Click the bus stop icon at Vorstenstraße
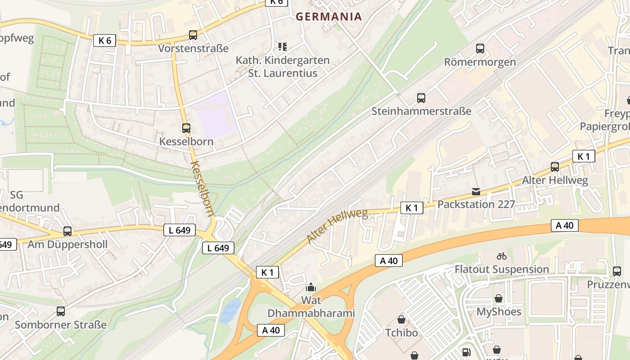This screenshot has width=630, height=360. [x=193, y=35]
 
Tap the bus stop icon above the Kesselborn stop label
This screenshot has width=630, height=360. [x=186, y=128]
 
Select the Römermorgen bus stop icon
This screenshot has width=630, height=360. [x=480, y=49]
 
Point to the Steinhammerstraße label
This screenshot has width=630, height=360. [x=421, y=111]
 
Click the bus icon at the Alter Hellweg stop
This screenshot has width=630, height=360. [x=555, y=167]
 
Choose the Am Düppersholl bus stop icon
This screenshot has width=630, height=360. [x=67, y=231]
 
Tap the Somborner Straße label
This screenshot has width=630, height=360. [x=61, y=324]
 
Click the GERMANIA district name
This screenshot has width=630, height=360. [x=328, y=17]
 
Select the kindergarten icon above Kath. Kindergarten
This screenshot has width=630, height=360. [x=283, y=47]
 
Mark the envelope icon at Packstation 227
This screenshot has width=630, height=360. [x=476, y=192]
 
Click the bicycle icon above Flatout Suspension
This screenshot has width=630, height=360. [x=502, y=256]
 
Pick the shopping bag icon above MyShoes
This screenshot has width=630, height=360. [x=499, y=298]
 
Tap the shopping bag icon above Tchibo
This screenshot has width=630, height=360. [x=401, y=319]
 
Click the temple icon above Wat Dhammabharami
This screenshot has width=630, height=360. [x=311, y=287]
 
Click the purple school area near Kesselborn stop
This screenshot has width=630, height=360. [x=217, y=114]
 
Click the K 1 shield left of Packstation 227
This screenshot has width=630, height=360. [x=412, y=207]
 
